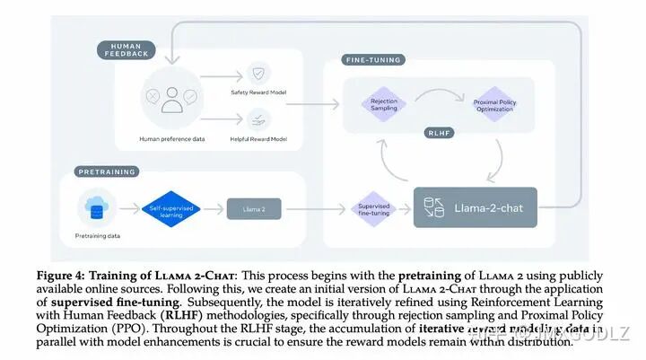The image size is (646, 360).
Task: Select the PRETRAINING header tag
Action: coord(106,171)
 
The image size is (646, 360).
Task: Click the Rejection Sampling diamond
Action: coord(383,105)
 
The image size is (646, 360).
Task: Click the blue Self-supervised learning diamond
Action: coord(167,209)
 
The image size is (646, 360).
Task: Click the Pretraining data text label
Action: coord(95,236)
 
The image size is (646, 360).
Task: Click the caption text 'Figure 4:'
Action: coord(63,275)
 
